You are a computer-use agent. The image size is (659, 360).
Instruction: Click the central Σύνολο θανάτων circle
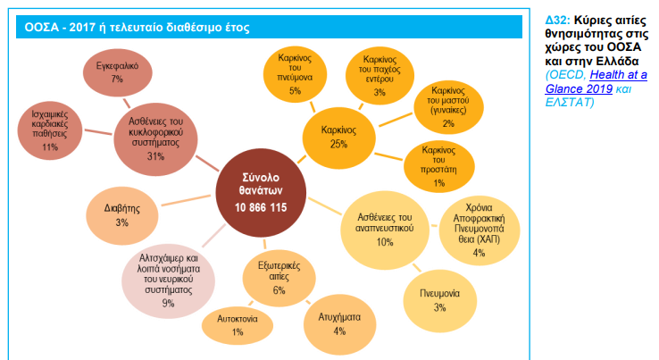click(261, 193)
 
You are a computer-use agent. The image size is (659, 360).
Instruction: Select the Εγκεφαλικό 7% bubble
click(117, 72)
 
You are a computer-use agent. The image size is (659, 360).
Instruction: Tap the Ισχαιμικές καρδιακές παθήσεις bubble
click(50, 130)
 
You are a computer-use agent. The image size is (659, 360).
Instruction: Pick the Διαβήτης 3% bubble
click(121, 215)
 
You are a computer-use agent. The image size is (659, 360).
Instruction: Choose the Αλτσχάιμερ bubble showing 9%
click(168, 280)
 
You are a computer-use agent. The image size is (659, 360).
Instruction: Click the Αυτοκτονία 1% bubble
click(238, 325)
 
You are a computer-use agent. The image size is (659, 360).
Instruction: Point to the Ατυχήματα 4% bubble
click(339, 324)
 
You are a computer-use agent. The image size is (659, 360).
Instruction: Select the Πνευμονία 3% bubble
click(439, 300)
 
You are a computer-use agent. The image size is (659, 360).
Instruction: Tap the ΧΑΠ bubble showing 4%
click(480, 230)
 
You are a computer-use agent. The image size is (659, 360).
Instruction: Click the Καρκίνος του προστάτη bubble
click(438, 166)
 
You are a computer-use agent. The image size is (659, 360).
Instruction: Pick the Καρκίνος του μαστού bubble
click(448, 107)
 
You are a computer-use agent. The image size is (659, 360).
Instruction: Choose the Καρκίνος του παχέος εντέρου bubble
click(380, 76)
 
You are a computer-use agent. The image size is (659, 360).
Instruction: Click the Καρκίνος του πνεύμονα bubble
click(295, 74)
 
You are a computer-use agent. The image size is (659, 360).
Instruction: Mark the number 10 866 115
click(261, 208)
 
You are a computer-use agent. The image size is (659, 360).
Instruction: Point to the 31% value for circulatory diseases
click(155, 156)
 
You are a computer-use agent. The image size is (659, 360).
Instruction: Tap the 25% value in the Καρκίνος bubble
click(338, 144)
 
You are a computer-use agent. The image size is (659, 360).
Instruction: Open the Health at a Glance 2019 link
click(596, 82)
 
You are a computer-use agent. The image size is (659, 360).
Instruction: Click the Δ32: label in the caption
click(558, 20)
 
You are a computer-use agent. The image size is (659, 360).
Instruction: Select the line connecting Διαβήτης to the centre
click(186, 200)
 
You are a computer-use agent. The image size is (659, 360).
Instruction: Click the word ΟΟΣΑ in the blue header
click(41, 28)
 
